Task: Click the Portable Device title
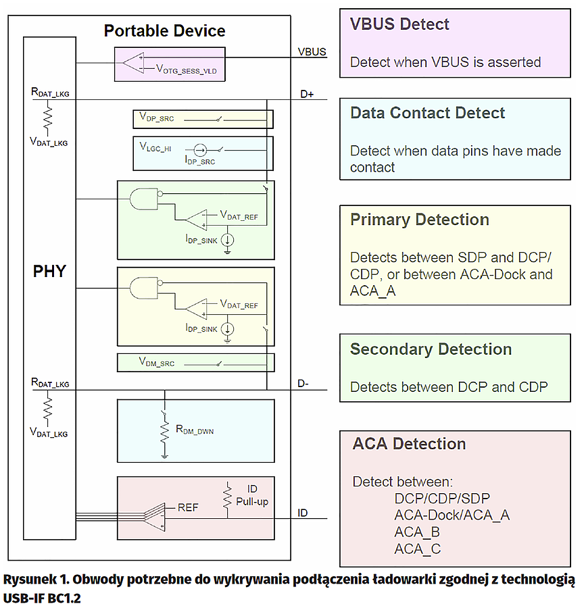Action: click(x=164, y=31)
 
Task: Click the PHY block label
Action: click(x=50, y=272)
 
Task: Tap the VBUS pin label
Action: click(x=312, y=51)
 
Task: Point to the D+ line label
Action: click(x=308, y=95)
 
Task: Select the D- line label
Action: click(x=303, y=384)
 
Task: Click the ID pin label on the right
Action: click(x=303, y=513)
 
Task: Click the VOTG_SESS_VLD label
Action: click(x=190, y=69)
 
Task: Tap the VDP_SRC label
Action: click(x=157, y=118)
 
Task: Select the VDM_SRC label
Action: click(x=157, y=363)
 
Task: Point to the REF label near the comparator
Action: click(x=188, y=507)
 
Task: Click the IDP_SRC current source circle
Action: click(x=200, y=150)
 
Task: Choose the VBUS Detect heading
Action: click(x=399, y=24)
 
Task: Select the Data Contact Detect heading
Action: click(x=427, y=113)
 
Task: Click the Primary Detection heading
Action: click(x=419, y=220)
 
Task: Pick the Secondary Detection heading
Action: click(x=431, y=349)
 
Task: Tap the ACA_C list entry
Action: click(x=417, y=549)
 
